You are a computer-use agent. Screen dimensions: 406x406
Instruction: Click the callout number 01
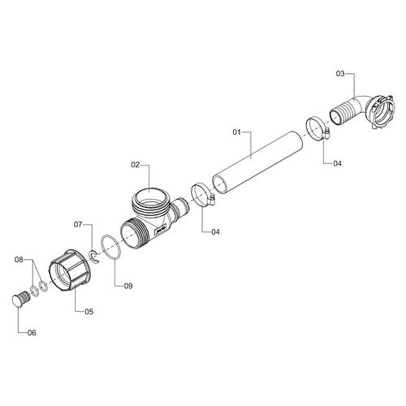click(236, 132)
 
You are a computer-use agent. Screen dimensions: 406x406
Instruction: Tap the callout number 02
click(135, 165)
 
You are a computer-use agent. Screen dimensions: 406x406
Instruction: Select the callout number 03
click(340, 73)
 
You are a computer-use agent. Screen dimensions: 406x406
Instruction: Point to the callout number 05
click(89, 312)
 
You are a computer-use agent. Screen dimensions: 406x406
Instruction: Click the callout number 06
click(32, 333)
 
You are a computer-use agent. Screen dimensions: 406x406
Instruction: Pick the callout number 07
click(78, 225)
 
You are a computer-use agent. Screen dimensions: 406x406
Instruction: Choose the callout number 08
click(19, 260)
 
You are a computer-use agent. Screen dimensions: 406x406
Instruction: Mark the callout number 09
click(128, 286)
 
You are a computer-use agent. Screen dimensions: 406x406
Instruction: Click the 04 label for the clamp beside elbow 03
click(337, 163)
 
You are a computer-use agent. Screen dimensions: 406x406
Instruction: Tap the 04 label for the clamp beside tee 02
click(215, 232)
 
